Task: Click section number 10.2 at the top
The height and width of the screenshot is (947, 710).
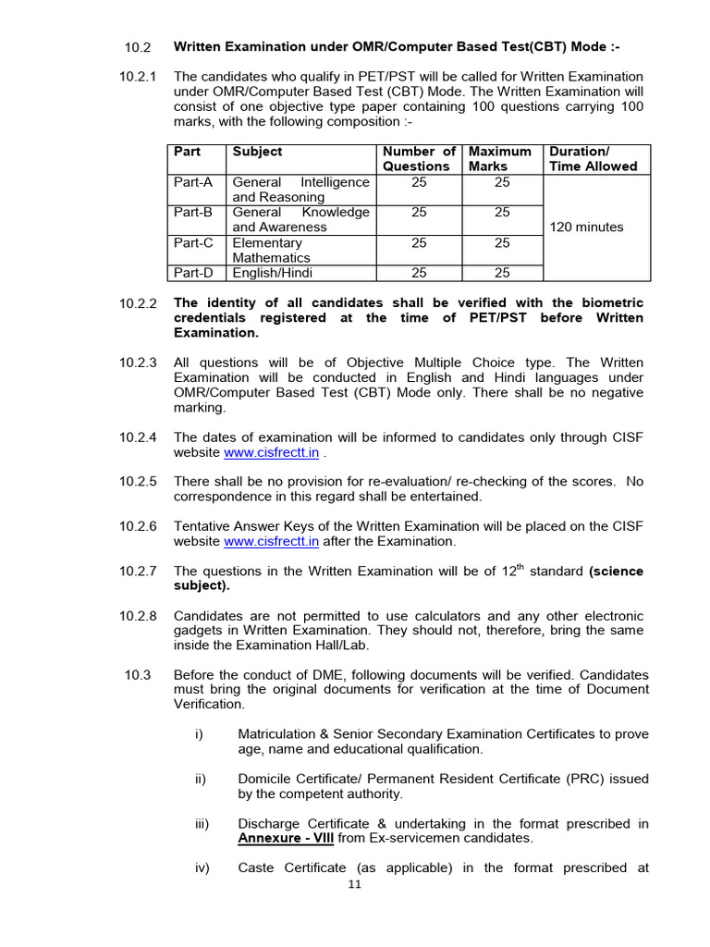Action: click(137, 47)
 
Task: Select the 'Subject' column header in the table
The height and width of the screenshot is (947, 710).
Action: click(257, 152)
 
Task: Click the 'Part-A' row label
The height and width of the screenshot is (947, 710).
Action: click(193, 182)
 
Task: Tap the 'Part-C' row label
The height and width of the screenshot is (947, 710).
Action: click(193, 242)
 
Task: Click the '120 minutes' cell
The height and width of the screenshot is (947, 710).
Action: click(586, 228)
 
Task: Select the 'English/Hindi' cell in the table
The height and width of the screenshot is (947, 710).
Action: click(272, 273)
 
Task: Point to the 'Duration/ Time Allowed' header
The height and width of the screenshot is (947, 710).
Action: click(593, 159)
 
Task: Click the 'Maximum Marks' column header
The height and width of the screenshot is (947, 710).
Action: click(500, 159)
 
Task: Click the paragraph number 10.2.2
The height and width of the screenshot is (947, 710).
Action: click(139, 303)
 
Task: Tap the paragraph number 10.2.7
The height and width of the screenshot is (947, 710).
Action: click(139, 572)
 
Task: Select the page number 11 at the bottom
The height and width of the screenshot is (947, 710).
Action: click(355, 884)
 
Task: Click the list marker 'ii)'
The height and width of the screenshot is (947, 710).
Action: click(201, 779)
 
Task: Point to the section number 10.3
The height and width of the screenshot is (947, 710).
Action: click(137, 674)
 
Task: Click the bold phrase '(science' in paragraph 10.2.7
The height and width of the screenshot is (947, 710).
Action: click(616, 572)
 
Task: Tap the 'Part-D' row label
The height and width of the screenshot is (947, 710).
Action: click(193, 273)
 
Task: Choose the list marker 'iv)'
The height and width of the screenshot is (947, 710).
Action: click(202, 867)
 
